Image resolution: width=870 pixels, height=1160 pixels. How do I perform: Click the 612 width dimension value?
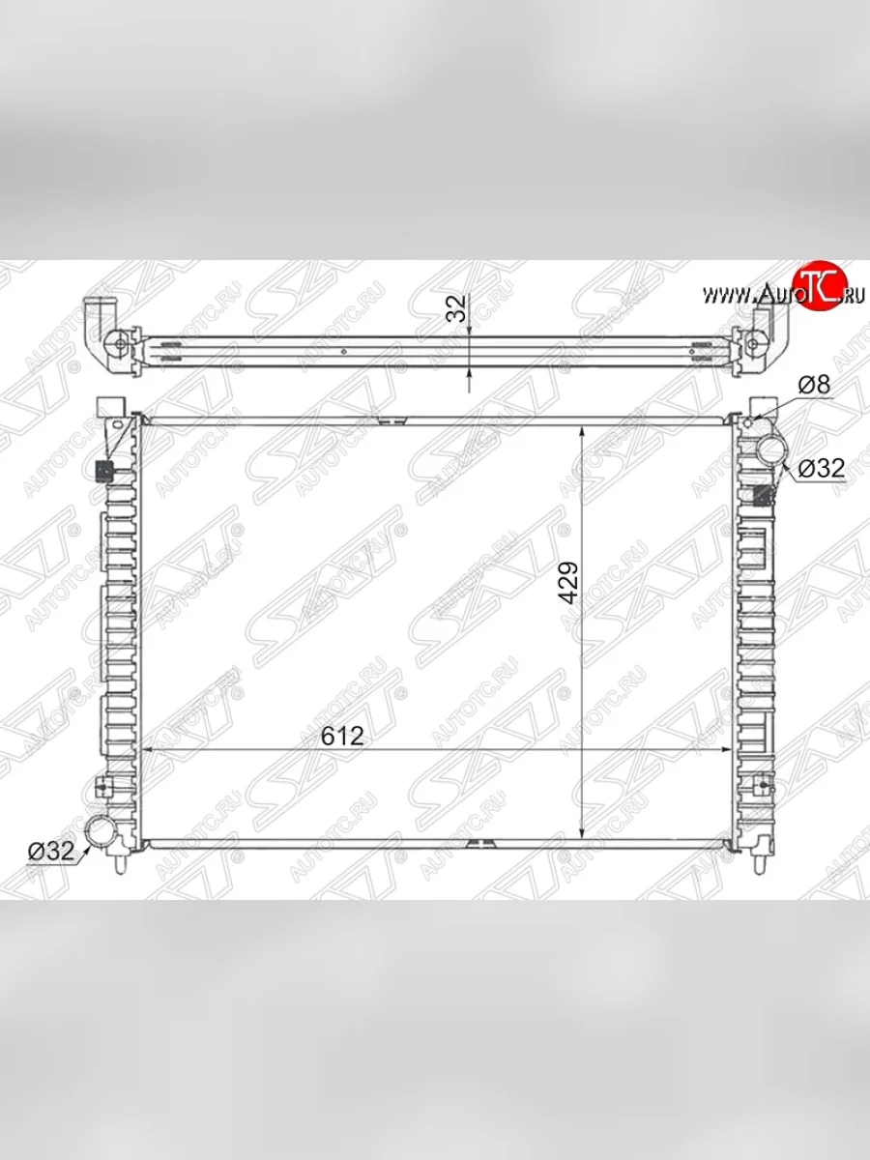[x=342, y=736]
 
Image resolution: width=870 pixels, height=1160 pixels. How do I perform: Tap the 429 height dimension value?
[x=569, y=582]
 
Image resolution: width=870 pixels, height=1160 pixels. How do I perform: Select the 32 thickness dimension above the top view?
[x=457, y=308]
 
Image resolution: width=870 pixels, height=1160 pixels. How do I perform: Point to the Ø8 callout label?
[x=814, y=384]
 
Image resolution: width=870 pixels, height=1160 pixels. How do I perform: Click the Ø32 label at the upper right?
[x=822, y=468]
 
